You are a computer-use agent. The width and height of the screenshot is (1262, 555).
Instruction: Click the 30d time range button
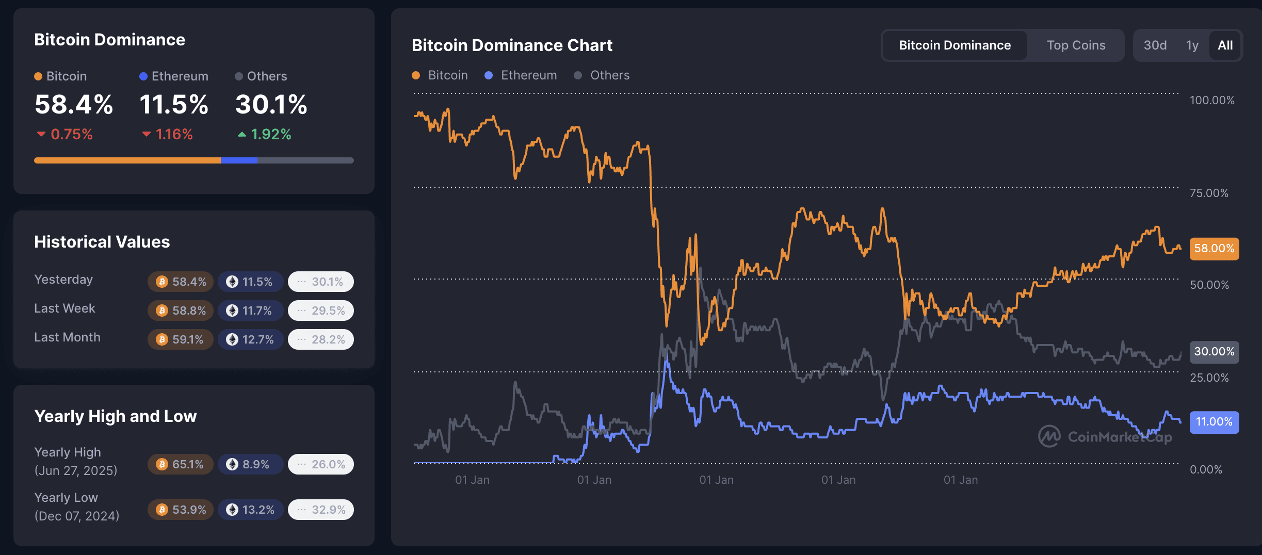tap(1155, 45)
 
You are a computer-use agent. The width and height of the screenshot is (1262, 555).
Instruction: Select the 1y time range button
tap(1192, 45)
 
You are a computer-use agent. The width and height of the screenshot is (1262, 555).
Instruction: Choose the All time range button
tap(1225, 45)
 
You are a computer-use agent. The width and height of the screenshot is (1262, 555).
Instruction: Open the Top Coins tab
tap(1076, 45)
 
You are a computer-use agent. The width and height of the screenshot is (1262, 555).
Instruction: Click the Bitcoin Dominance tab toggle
tap(954, 45)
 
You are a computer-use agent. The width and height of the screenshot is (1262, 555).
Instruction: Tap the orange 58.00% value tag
tap(1214, 249)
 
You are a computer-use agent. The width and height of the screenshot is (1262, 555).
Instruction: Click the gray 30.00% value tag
tap(1214, 352)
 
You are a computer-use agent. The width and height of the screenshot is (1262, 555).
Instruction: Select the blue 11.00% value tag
tap(1214, 422)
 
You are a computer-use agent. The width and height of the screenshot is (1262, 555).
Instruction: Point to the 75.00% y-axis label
tap(1208, 193)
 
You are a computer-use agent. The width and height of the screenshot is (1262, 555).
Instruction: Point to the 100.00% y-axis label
tap(1211, 100)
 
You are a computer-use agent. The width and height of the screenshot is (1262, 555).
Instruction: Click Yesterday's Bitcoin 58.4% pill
tap(181, 282)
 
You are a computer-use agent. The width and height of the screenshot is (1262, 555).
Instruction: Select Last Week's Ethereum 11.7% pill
tap(250, 311)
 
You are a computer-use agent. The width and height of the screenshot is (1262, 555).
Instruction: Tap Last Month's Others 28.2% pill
tap(321, 339)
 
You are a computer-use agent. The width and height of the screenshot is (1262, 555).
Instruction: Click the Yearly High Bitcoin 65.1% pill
tap(181, 464)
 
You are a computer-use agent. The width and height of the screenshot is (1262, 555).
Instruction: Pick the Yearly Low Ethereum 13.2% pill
tap(250, 510)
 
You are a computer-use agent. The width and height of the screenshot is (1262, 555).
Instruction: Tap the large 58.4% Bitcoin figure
tap(74, 105)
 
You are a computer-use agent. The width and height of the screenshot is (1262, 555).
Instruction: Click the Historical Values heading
tap(102, 242)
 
